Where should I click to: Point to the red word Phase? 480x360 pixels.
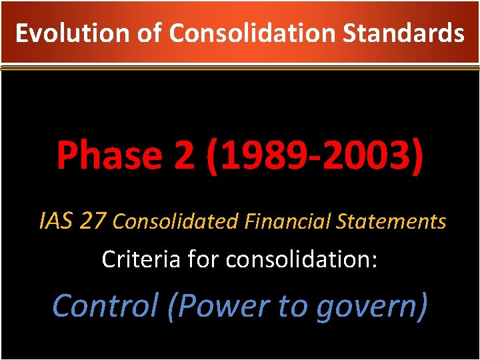[x=107, y=156]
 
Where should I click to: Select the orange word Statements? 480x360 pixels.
[x=391, y=221]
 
